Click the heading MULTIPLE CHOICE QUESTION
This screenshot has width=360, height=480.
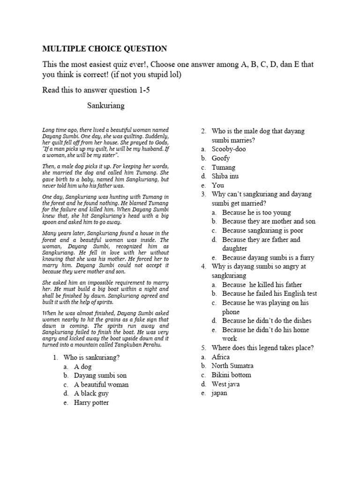tap(104, 48)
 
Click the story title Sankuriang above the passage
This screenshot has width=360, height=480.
tap(106, 105)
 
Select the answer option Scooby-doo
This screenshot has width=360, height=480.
tap(228, 149)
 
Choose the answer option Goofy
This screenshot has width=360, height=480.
tap(221, 158)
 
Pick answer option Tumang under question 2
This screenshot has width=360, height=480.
tap(224, 167)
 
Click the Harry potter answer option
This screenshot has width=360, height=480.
tap(94, 402)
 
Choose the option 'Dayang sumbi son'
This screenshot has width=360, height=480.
tap(100, 375)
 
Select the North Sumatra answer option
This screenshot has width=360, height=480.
tap(233, 366)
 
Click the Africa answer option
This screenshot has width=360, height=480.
tap(221, 357)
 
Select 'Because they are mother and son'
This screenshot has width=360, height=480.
tap(269, 221)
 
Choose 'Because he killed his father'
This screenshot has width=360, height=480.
tap(262, 285)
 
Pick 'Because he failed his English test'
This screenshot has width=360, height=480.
tap(270, 293)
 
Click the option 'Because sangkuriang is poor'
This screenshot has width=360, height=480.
tap(262, 230)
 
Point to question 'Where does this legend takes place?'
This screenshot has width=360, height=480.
tap(262, 348)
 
